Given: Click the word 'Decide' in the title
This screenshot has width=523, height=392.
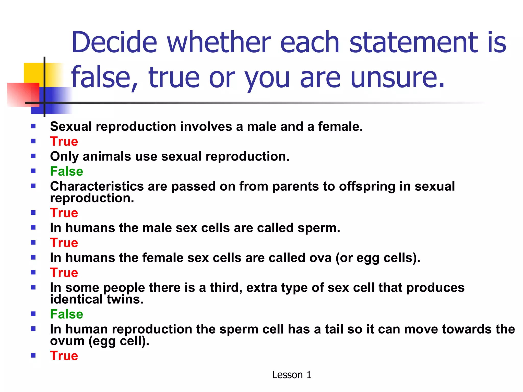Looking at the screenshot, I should tap(114, 42).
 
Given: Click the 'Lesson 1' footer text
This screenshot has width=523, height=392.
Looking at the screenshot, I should tap(292, 375).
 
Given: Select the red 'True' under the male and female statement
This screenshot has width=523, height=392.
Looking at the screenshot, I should tap(64, 141).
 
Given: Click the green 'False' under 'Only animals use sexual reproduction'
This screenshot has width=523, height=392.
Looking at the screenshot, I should tap(66, 171).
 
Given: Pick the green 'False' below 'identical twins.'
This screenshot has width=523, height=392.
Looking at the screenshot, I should tap(66, 314).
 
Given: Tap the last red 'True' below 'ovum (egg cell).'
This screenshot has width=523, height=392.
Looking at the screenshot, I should tap(64, 356).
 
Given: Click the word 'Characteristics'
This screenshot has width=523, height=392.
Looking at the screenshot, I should tap(97, 186).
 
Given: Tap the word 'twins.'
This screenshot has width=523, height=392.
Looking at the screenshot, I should tap(125, 299).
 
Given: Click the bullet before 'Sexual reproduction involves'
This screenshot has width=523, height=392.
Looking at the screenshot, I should tap(33, 126).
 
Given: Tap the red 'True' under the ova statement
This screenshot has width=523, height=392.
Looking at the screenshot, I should tap(64, 273).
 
